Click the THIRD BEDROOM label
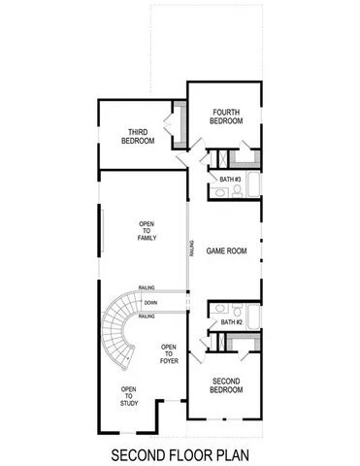[138, 136]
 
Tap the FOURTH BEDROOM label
[225, 116]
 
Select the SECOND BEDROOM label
[226, 384]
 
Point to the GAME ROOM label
[226, 250]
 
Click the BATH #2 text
[229, 321]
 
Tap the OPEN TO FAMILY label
[147, 230]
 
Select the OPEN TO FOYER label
[169, 354]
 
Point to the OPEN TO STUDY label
[128, 395]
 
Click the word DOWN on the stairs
[149, 303]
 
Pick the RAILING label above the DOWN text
[147, 288]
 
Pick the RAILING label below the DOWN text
[147, 316]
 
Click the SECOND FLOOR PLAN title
[180, 453]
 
